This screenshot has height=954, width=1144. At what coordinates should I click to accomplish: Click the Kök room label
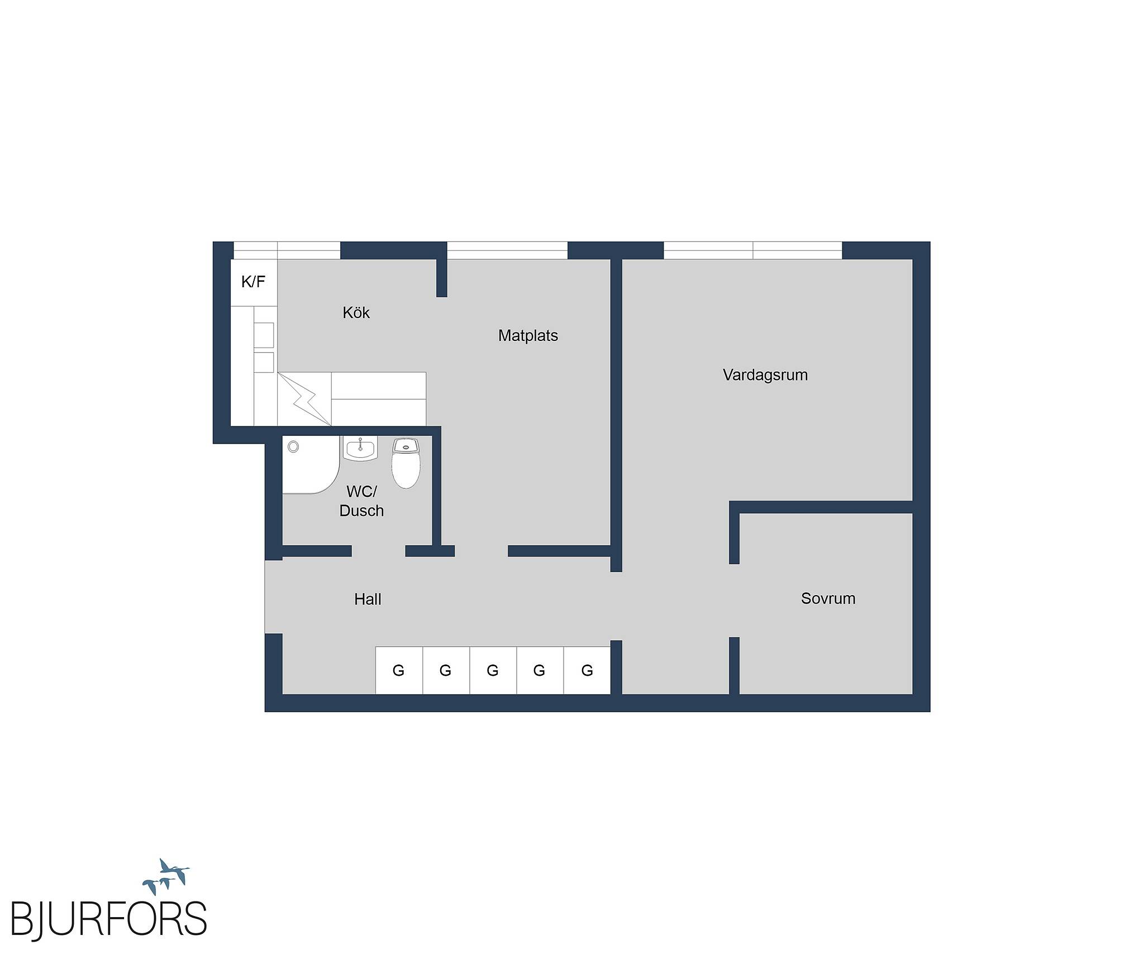point(356,312)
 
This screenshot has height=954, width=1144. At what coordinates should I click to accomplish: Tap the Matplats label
point(528,335)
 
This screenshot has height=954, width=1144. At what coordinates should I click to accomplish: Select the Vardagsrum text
point(765,374)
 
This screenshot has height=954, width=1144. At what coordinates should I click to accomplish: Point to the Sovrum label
point(828,599)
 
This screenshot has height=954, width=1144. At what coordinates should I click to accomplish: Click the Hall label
point(368,599)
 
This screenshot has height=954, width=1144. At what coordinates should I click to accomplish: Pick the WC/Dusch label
point(361,501)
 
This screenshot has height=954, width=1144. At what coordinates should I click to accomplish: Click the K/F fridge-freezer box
point(254,282)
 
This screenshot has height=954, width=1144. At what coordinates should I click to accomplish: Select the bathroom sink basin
point(360,449)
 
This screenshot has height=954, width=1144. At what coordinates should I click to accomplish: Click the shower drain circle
point(293,447)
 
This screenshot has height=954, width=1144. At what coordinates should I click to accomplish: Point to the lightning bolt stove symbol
point(304,399)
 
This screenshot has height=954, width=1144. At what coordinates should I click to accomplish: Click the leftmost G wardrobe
point(399,670)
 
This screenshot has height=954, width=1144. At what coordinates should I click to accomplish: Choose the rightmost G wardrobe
point(587,670)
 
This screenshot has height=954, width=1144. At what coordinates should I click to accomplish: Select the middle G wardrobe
point(493,670)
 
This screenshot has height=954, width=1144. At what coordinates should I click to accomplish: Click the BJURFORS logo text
point(109,918)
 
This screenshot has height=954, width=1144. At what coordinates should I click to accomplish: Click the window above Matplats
point(507,250)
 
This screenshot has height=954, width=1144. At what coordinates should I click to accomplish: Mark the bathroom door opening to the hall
point(378,551)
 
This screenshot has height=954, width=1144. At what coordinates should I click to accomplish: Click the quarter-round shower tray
point(311,465)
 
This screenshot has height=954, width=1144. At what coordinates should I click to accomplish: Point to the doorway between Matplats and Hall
point(481,551)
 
